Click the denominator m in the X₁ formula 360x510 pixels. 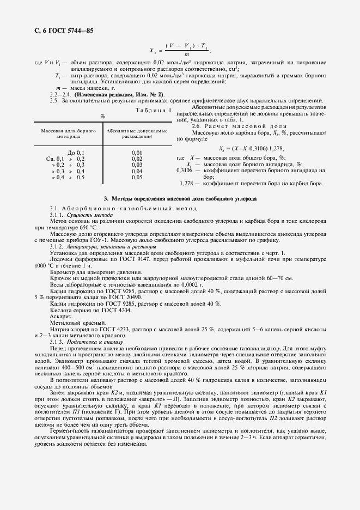pos(187,54)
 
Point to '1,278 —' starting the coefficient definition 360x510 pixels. pos(190,183)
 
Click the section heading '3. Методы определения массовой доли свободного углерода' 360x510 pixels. pos(180,199)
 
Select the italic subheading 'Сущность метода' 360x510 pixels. pos(88,215)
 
